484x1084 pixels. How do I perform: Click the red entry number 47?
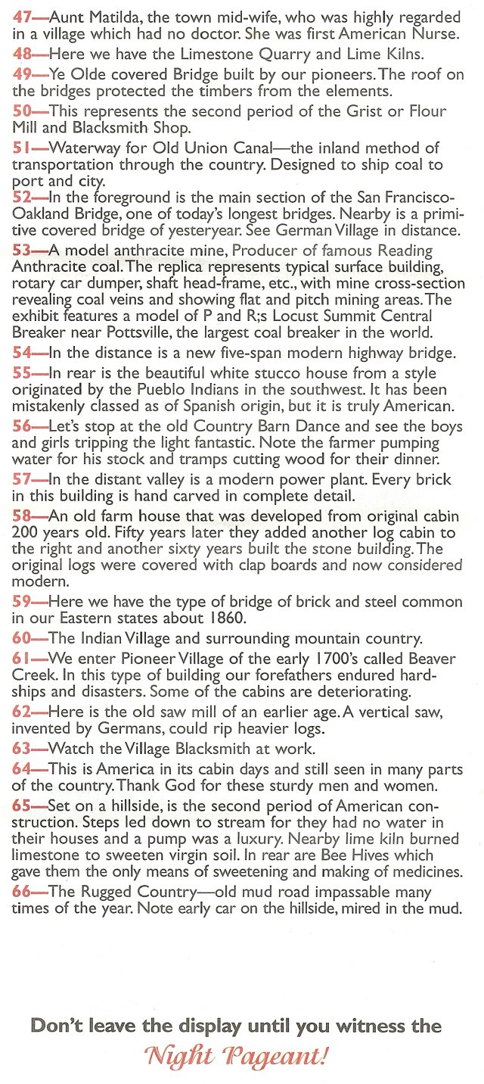click(22, 16)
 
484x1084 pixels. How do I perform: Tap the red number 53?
click(22, 250)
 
